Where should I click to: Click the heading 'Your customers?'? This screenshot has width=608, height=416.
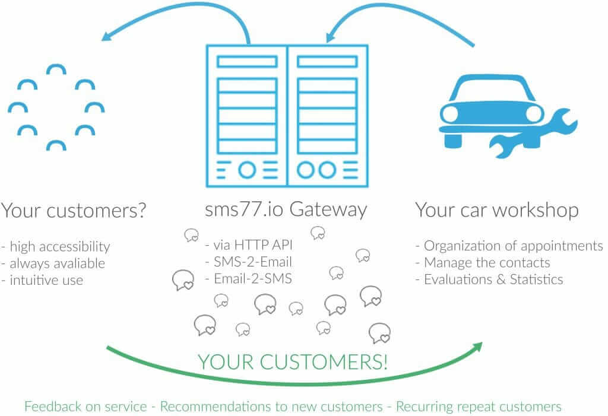[74, 210]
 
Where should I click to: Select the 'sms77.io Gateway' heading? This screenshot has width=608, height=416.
[286, 209]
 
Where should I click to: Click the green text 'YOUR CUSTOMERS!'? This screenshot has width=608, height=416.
[292, 361]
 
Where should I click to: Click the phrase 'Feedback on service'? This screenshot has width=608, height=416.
[85, 407]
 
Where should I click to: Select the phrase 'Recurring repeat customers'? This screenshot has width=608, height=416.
[478, 407]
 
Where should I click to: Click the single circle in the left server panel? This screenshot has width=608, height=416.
[248, 169]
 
